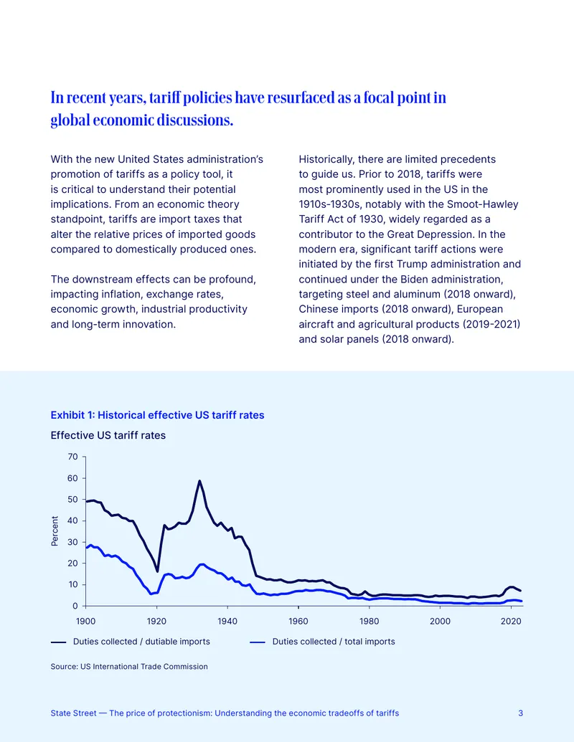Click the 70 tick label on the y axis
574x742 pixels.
73,457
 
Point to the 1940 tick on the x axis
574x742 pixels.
227,608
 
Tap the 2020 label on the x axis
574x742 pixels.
511,621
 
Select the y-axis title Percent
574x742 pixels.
55,531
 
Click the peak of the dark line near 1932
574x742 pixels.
199,481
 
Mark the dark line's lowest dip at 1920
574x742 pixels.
157,571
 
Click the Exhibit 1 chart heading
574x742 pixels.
157,415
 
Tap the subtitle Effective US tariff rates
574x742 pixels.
108,435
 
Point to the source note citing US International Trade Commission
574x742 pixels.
129,666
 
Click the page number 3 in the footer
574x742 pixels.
520,713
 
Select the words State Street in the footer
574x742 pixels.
73,713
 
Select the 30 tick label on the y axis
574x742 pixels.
73,542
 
